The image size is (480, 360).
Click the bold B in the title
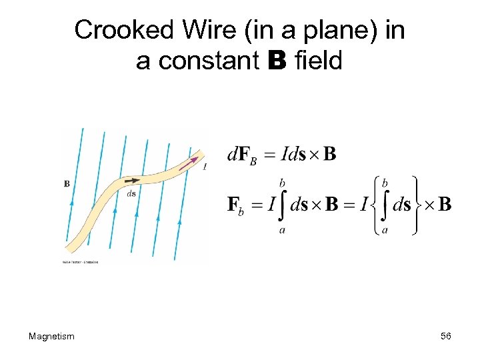tap(277, 61)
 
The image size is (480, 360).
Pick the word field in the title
tap(318, 61)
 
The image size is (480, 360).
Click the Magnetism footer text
tap(51, 337)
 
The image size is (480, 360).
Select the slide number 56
tap(446, 337)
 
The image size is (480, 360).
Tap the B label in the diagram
tap(67, 183)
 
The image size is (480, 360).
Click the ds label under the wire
tap(131, 194)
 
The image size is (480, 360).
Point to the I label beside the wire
tap(204, 167)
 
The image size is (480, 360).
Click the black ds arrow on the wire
tap(132, 180)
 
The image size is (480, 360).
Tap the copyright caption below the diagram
tap(81, 262)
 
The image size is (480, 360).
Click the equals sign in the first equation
tap(268, 155)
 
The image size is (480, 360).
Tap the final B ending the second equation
tap(445, 203)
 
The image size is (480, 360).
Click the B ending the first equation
tap(329, 155)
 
